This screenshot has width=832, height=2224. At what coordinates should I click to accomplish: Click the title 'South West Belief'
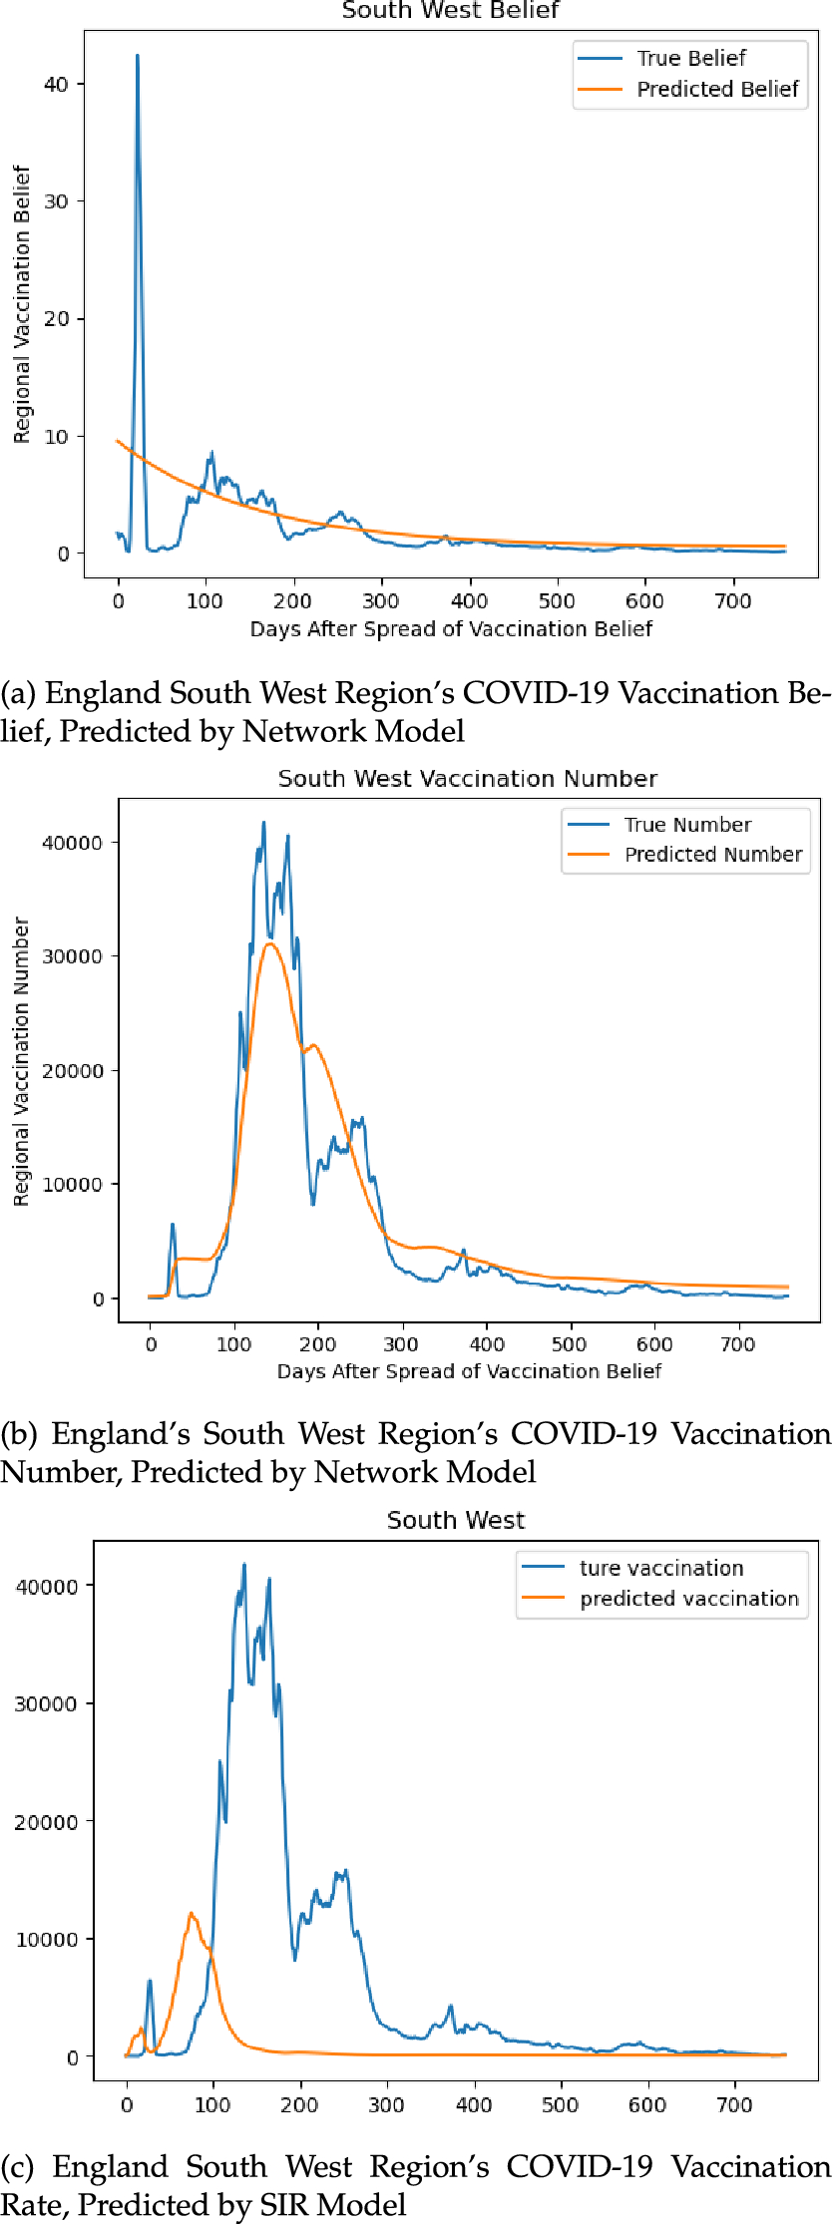tap(450, 11)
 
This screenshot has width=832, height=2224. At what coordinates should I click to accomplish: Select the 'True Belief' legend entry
tap(690, 58)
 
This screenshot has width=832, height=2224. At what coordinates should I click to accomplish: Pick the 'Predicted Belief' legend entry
tap(716, 89)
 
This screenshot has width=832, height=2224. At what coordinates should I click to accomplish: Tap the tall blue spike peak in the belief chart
tap(138, 57)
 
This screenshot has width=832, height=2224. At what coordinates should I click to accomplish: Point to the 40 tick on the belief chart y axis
tap(57, 85)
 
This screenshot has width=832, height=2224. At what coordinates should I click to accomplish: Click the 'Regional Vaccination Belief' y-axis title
tap(22, 304)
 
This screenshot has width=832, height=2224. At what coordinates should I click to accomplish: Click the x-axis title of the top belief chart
tap(451, 629)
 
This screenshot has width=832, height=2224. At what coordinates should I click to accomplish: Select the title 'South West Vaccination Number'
tap(467, 779)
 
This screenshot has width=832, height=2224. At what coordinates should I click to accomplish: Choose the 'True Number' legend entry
tap(686, 825)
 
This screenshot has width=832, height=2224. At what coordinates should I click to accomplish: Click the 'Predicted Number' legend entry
tap(712, 855)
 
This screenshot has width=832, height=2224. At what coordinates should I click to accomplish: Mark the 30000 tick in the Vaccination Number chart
tap(72, 956)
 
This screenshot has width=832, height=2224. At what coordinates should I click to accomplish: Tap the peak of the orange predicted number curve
tap(269, 943)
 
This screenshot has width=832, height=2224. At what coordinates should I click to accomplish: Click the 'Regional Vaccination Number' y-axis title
tap(22, 1062)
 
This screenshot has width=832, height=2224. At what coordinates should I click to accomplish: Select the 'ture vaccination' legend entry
tap(660, 1568)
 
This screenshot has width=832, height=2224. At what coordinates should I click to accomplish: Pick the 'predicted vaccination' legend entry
tap(688, 1599)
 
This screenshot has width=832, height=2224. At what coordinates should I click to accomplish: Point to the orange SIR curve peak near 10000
tap(191, 1913)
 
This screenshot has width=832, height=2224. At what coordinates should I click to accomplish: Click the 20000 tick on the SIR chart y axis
tap(46, 1822)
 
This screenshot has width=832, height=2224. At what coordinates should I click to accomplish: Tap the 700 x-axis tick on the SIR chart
tap(734, 2105)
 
